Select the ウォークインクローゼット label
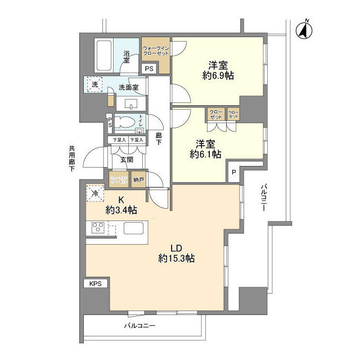point(156,50)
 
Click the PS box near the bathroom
point(149,69)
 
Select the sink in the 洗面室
point(130,103)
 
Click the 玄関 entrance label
point(126,160)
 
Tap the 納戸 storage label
point(139,180)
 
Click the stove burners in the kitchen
point(97,228)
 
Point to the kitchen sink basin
point(135,228)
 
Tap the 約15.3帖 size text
point(176,259)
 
